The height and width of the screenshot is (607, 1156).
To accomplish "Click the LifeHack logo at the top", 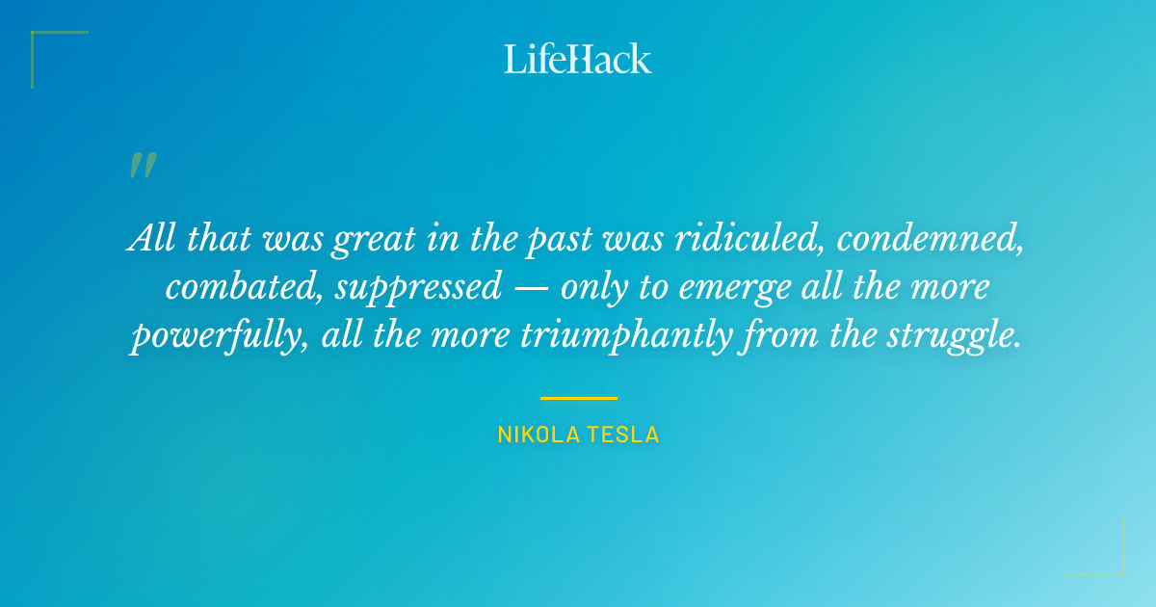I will point(578,58).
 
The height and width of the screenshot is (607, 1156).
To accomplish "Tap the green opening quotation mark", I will point(143,166).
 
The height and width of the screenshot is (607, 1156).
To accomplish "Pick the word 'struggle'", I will point(955,335).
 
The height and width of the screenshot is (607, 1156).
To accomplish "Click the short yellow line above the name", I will point(578,398).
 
